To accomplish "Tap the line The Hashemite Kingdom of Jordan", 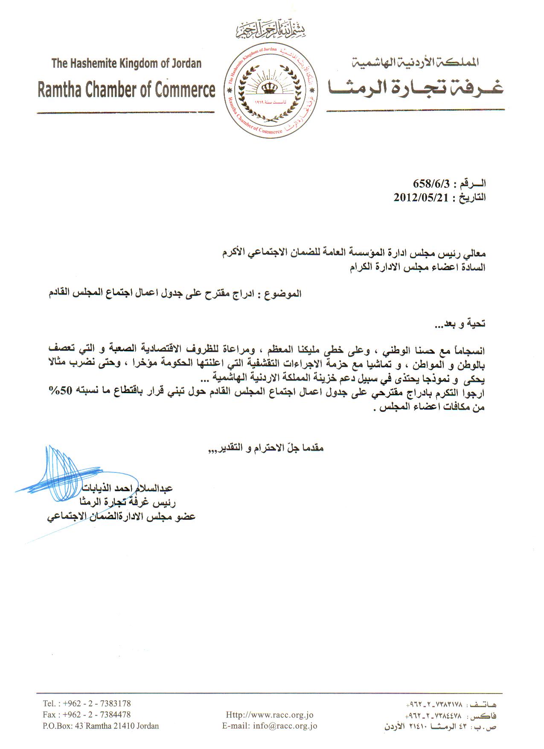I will click(x=126, y=64).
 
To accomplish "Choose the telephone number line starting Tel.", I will click(x=87, y=703).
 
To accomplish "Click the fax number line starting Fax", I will click(x=87, y=714).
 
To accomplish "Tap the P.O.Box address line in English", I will click(x=101, y=726).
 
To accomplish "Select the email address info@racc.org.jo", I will click(x=270, y=726).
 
